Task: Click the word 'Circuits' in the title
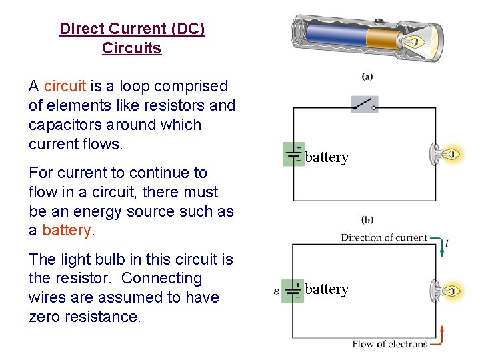pos(131,48)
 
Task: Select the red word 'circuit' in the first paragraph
pos(65,86)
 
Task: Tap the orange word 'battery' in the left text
pos(66,230)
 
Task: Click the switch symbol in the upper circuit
pos(364,105)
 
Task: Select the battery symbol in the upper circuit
pos(293,154)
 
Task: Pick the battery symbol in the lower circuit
pos(293,291)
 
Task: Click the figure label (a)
pos(367,76)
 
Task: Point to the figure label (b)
pos(367,219)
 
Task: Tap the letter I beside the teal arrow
pos(447,244)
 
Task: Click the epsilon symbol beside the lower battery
pos(277,291)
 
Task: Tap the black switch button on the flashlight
pos(378,20)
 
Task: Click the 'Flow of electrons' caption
pos(390,344)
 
